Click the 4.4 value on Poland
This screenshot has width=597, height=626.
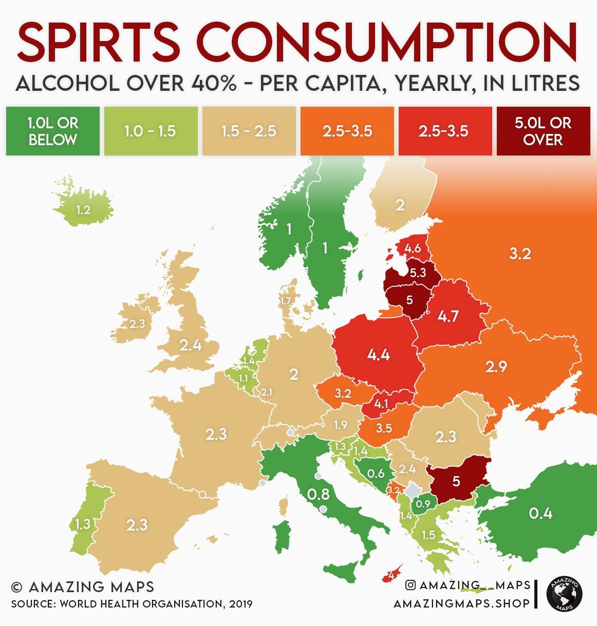[x=378, y=355]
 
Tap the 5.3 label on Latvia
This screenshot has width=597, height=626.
[x=418, y=272]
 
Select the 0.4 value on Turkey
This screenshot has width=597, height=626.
[x=540, y=513]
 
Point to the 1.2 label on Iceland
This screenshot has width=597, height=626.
[x=83, y=210]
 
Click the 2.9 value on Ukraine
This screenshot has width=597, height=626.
[x=496, y=366]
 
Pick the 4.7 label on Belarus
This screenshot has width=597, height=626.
[x=448, y=316]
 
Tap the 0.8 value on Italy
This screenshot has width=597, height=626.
[x=318, y=494]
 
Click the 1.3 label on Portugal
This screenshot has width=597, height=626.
[x=82, y=524]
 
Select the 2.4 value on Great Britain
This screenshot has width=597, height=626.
[x=190, y=345]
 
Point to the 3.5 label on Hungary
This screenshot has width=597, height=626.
[x=384, y=428]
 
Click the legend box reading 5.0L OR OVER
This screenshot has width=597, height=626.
[x=543, y=131]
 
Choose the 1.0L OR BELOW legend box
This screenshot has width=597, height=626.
[x=53, y=131]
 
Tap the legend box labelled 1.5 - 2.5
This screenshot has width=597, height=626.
[x=249, y=131]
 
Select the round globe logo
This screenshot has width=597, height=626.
[x=564, y=594]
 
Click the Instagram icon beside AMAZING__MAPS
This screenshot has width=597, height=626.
[x=411, y=585]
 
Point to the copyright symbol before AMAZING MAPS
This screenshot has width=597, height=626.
[x=16, y=587]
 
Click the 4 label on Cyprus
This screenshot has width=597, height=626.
[x=391, y=575]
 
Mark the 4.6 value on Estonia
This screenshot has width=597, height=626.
[x=412, y=248]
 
